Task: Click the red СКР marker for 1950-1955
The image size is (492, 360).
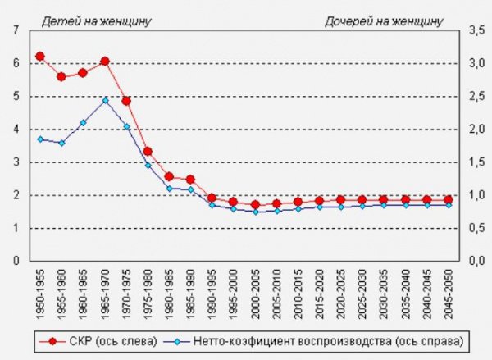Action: coord(39,57)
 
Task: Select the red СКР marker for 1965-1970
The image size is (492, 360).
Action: coord(105,62)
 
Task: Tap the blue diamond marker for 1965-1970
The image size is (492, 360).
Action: coord(105,100)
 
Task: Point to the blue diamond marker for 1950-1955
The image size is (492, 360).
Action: coord(39,139)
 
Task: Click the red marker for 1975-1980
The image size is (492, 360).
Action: coord(148,151)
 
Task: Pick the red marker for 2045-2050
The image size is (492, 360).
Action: coord(449,199)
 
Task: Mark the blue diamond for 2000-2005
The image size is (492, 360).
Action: coord(255,212)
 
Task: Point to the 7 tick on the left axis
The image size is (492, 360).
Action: coord(16,30)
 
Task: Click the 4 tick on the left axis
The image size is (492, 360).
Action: coord(16,129)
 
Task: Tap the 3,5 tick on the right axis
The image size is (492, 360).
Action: coord(476,30)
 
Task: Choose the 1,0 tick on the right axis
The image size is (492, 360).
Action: coord(476,195)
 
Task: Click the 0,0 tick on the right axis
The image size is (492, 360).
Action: coord(476,261)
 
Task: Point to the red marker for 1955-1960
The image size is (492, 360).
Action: coord(61,76)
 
